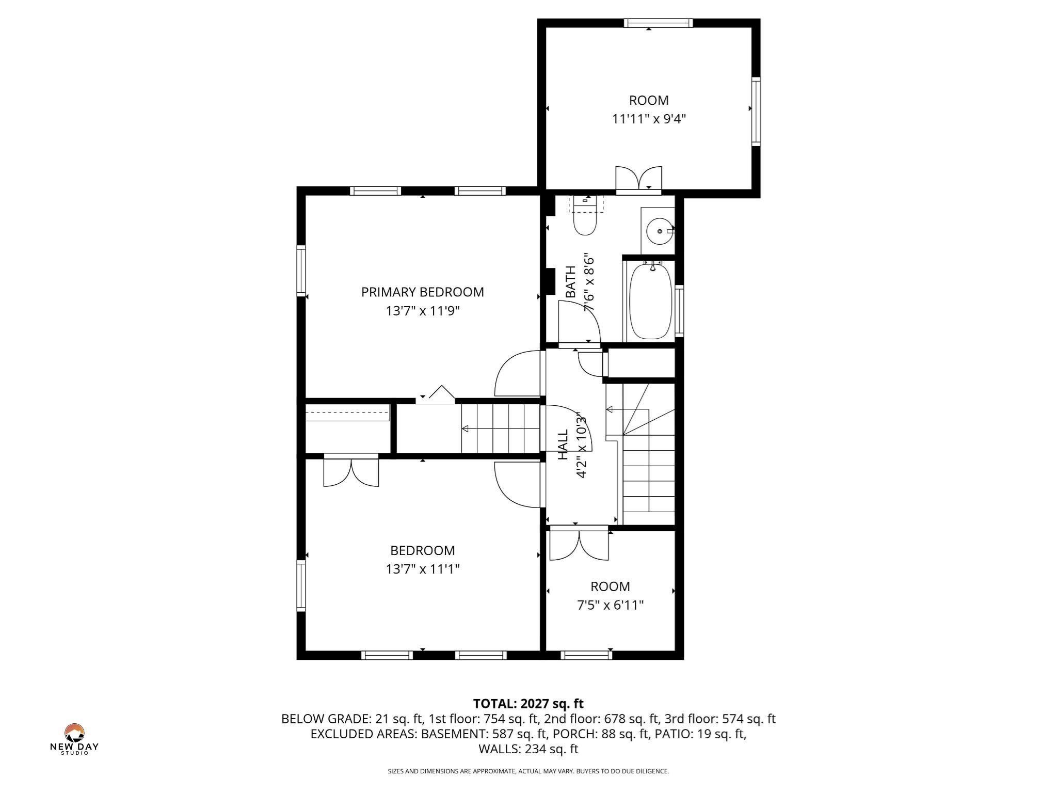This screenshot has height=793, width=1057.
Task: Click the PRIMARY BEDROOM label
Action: (422, 292)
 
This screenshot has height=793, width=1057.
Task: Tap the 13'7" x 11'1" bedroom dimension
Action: (422, 569)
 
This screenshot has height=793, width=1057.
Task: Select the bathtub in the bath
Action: (650, 302)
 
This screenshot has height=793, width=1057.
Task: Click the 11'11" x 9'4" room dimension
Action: (649, 119)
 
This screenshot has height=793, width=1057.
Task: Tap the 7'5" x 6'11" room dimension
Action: (610, 605)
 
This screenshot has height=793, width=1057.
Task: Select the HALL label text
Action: (563, 445)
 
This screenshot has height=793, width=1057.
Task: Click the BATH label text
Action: (571, 282)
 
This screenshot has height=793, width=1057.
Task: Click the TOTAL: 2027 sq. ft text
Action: (528, 704)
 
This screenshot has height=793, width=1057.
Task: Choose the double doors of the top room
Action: (638, 179)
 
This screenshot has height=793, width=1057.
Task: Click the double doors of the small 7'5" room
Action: (579, 545)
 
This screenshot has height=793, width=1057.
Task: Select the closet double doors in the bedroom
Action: (351, 471)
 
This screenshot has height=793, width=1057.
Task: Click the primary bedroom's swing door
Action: (516, 374)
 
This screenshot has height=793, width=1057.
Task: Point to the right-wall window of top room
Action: (756, 111)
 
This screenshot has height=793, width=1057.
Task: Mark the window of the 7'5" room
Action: (586, 655)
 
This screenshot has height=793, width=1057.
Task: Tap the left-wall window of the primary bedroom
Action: (301, 271)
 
